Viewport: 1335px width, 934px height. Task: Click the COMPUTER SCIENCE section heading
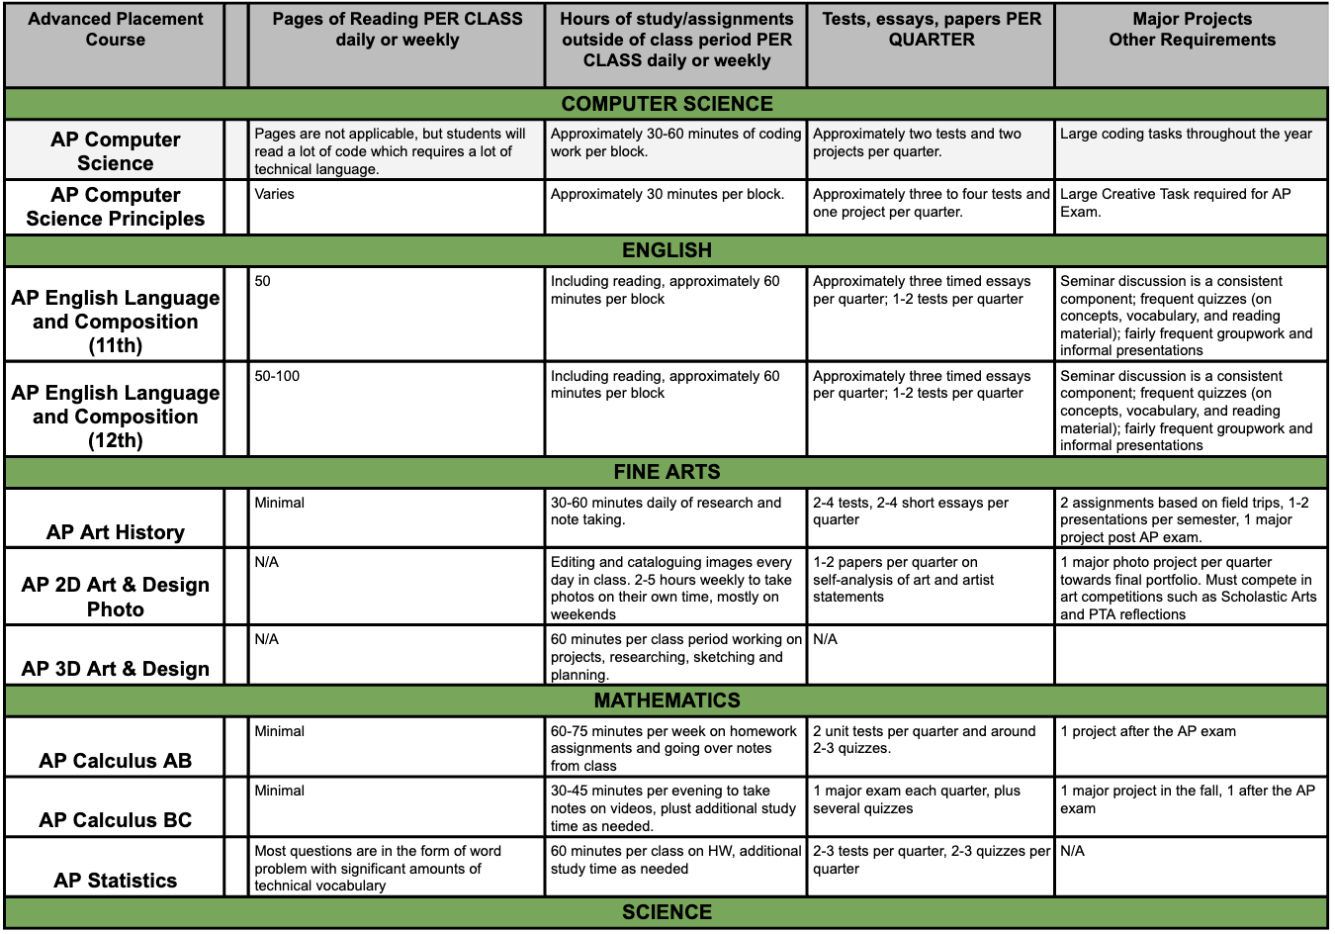click(x=667, y=104)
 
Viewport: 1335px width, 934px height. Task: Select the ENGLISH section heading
click(x=667, y=250)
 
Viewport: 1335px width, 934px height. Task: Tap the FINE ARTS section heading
click(x=667, y=472)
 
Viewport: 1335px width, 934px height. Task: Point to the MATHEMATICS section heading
click(x=667, y=700)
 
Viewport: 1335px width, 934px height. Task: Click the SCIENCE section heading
click(x=667, y=912)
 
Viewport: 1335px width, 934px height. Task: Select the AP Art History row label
click(x=116, y=532)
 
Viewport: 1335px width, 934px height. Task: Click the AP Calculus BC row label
click(x=116, y=820)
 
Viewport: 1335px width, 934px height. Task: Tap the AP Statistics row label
click(x=116, y=881)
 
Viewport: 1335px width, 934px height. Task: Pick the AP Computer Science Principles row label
click(x=116, y=207)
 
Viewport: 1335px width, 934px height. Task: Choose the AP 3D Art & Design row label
click(x=116, y=669)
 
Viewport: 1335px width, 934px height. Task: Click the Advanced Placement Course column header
click(x=116, y=30)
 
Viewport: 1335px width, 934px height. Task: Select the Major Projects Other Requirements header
click(x=1192, y=30)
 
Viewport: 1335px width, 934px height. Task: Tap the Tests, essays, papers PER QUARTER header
click(x=932, y=30)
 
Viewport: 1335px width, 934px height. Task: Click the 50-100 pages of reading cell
click(x=277, y=376)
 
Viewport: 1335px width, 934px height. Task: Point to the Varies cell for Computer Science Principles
click(x=275, y=194)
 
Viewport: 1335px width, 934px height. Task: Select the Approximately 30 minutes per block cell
click(x=667, y=194)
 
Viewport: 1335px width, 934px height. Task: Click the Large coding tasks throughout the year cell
click(x=1186, y=134)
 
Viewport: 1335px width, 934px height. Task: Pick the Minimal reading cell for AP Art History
click(x=280, y=503)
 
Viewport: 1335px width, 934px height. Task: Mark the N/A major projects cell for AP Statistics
click(x=1073, y=851)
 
